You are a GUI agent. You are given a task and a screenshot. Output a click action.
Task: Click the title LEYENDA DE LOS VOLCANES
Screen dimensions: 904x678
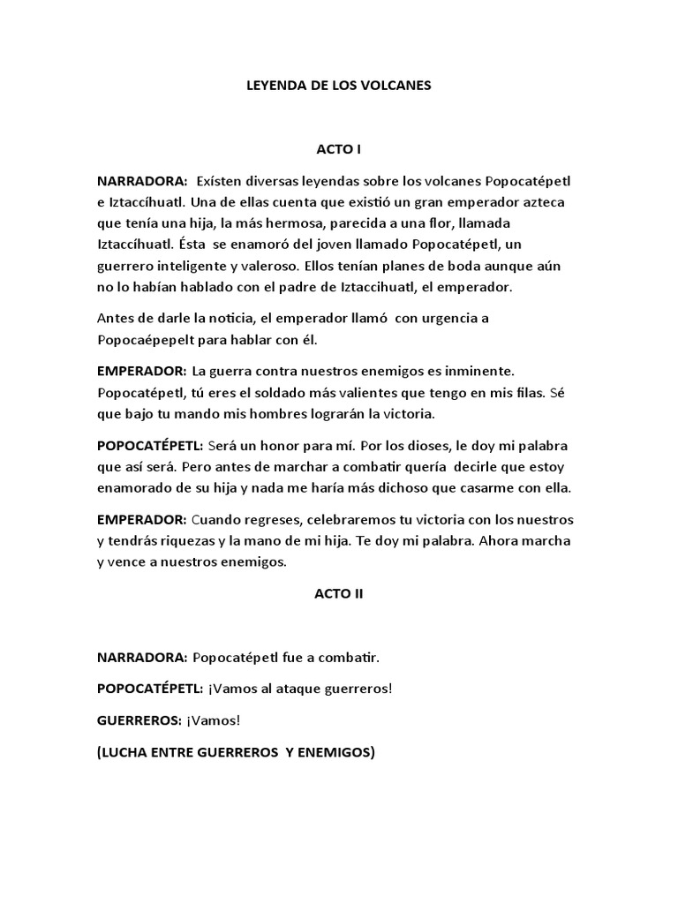pyautogui.click(x=338, y=87)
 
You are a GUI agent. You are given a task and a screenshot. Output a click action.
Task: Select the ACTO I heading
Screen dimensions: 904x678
pyautogui.click(x=338, y=149)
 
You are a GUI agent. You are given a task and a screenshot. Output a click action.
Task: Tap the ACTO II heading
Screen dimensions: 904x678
pyautogui.click(x=338, y=594)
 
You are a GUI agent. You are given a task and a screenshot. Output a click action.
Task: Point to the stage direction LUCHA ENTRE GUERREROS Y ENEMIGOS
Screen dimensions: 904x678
pyautogui.click(x=236, y=752)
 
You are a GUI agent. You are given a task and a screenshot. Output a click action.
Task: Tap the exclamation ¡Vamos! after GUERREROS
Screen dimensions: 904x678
pyautogui.click(x=213, y=720)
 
